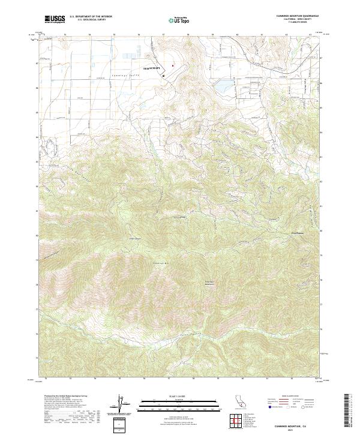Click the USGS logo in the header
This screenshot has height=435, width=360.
55,19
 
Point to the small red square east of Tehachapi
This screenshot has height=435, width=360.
173,65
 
